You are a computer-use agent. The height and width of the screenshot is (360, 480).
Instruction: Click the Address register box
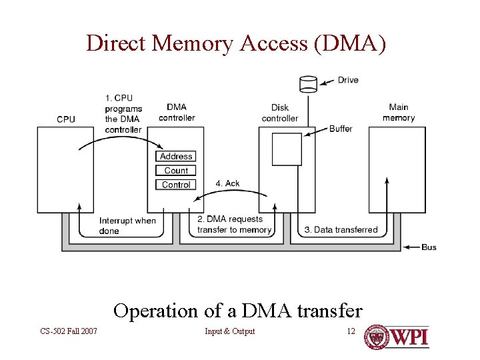click(176, 156)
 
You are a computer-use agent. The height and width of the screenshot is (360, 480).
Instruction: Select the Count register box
click(176, 171)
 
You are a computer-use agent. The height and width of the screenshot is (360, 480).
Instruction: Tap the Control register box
click(176, 185)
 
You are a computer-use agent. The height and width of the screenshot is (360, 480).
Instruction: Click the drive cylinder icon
click(308, 83)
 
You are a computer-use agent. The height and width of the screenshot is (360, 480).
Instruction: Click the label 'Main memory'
click(399, 113)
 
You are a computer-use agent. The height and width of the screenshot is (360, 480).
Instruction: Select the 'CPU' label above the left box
click(66, 119)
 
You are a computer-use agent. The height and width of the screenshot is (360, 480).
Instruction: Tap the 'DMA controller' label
click(177, 113)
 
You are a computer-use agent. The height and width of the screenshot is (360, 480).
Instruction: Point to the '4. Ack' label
click(228, 183)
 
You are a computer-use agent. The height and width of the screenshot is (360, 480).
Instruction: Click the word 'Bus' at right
click(429, 247)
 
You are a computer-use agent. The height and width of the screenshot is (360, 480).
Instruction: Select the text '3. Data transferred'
click(341, 230)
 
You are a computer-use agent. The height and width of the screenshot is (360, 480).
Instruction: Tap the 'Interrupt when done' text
click(127, 225)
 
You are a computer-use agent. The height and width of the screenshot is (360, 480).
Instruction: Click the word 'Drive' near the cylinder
click(348, 80)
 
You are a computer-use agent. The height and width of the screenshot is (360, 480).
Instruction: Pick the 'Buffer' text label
click(341, 129)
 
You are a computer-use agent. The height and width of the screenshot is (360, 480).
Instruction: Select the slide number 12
click(351, 331)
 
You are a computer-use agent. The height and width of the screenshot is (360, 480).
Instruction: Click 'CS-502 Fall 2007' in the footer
click(68, 331)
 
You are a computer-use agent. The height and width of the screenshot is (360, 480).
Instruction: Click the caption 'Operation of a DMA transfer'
click(238, 311)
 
